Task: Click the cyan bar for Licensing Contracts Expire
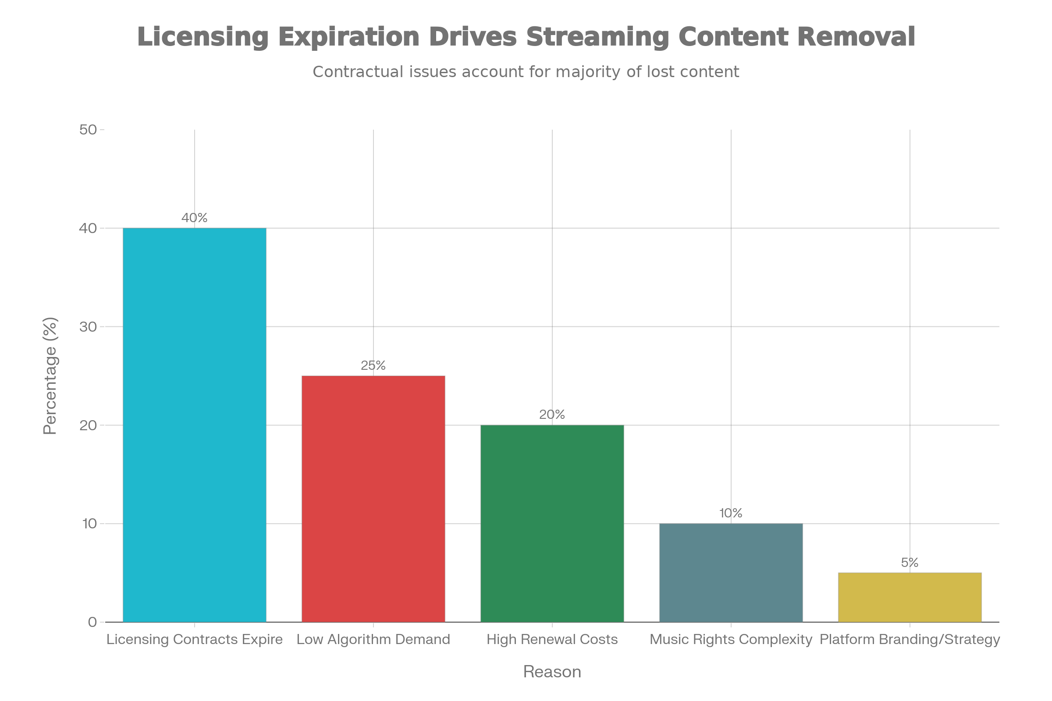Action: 195,425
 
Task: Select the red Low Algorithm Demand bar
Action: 373,499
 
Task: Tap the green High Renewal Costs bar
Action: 552,523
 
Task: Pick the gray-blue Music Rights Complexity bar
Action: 731,572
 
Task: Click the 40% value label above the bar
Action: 195,218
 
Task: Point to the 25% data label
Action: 373,365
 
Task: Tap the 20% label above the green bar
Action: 552,414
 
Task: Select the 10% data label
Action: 731,513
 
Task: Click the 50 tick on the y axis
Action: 88,130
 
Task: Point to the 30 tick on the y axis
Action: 88,327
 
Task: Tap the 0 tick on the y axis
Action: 92,622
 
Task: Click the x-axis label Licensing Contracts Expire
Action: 195,639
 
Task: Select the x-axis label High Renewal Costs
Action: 552,639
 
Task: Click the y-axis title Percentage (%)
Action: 50,375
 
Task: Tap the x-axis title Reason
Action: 552,672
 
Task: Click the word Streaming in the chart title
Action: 597,37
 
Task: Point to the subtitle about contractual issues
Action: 526,71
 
